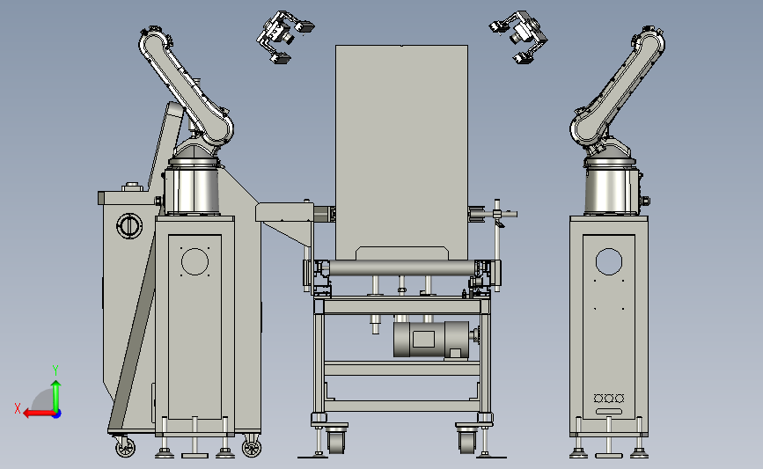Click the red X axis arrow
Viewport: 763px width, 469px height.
39,414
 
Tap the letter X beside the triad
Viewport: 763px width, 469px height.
18,408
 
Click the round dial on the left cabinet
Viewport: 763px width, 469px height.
129,226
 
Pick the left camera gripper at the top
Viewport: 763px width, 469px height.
284,36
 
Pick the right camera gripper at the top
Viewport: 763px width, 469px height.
518,36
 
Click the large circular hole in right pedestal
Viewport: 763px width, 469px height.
609,261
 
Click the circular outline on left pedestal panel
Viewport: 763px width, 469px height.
194,261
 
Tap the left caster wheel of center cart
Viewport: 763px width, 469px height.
336,440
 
